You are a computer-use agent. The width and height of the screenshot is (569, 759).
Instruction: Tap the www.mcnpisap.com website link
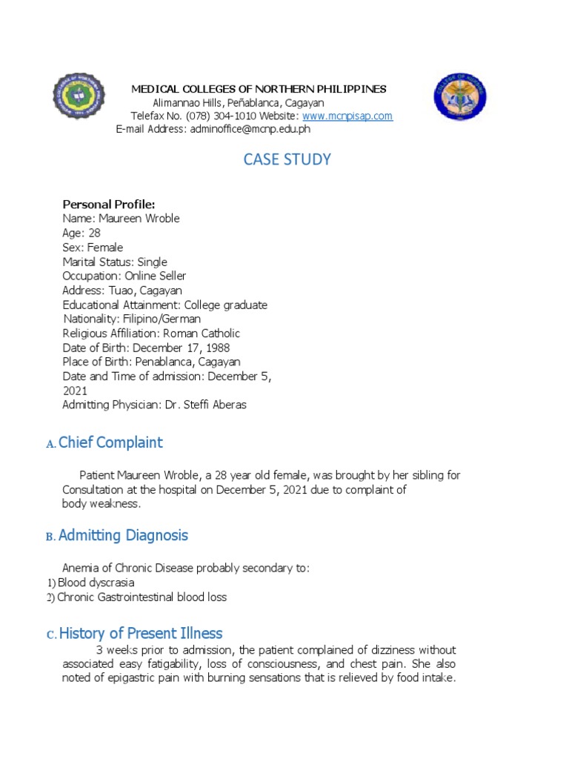point(347,116)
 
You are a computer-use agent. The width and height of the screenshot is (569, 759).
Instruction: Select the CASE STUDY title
point(287,159)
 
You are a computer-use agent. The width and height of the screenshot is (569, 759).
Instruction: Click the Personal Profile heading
point(109,205)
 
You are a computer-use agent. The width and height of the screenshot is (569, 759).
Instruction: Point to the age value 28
point(94,233)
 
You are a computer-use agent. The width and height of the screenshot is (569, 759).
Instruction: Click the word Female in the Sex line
point(105,248)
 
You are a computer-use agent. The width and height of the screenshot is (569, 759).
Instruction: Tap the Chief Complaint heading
point(110,443)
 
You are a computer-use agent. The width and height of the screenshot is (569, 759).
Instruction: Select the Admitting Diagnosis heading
point(123,535)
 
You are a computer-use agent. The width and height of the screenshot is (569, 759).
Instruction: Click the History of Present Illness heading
point(141,633)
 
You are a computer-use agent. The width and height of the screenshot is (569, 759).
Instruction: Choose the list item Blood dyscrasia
point(96,583)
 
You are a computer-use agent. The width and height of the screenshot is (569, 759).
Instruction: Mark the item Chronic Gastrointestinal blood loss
point(142,597)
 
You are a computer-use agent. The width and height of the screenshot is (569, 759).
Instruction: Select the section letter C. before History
point(51,635)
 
